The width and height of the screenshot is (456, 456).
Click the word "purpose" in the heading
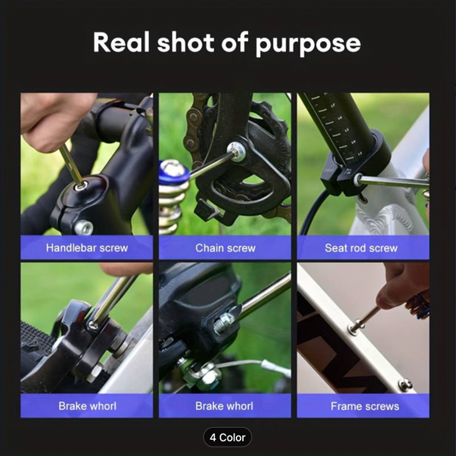pyautogui.click(x=308, y=44)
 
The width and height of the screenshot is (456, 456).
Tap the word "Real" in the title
pyautogui.click(x=121, y=42)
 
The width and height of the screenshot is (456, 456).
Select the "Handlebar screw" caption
pyautogui.click(x=87, y=248)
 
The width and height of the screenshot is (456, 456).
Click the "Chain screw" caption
pyautogui.click(x=225, y=248)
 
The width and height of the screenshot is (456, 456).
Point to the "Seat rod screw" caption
pyautogui.click(x=361, y=248)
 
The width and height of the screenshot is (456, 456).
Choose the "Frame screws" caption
pyautogui.click(x=364, y=406)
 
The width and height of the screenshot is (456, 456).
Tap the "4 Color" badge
pyautogui.click(x=228, y=437)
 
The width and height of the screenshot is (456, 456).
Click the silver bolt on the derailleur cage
pyautogui.click(x=237, y=151)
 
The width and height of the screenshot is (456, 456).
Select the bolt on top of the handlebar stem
pyautogui.click(x=82, y=186)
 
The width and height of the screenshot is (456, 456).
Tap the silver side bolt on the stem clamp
pyautogui.click(x=84, y=228)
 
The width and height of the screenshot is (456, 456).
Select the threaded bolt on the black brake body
pyautogui.click(x=223, y=323)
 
